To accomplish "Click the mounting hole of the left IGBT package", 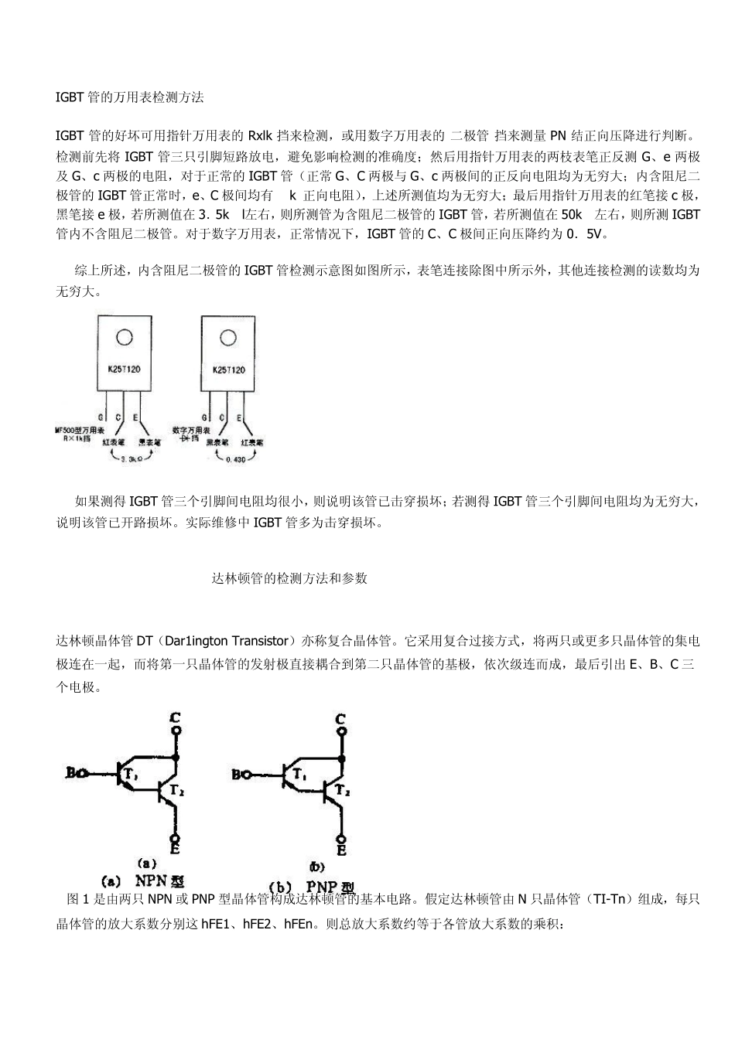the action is (124, 338).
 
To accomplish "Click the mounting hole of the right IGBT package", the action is (227, 338).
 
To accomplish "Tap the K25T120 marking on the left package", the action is (124, 370).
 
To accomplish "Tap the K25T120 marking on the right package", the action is (228, 370).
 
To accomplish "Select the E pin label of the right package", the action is (239, 417).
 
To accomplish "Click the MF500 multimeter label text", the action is (77, 429).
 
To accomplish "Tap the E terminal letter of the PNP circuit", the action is (341, 850).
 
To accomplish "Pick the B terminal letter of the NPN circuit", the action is (71, 772).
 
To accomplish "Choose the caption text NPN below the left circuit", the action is (152, 880).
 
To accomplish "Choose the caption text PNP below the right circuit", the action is (323, 886).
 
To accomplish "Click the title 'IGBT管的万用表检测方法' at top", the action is (130, 98).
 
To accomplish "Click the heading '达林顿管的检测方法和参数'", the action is (289, 578).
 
